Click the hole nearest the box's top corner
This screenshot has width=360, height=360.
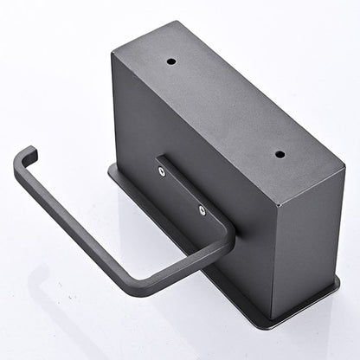pyautogui.click(x=171, y=62)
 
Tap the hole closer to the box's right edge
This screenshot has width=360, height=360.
pyautogui.click(x=280, y=154)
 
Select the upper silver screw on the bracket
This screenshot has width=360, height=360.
pyautogui.click(x=162, y=171)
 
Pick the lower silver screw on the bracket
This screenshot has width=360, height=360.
pyautogui.click(x=202, y=209)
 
